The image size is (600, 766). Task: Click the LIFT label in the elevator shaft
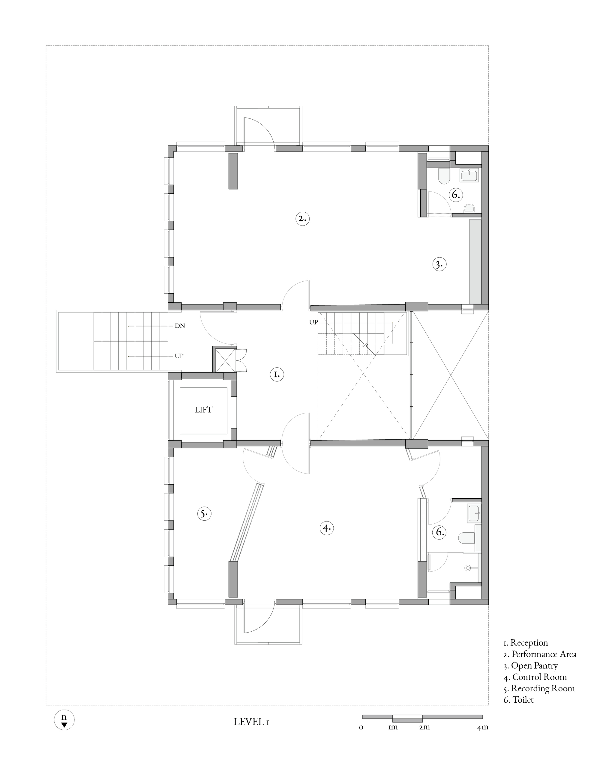pyautogui.click(x=203, y=410)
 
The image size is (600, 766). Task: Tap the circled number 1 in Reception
pyautogui.click(x=277, y=374)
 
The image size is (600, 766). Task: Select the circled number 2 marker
pyautogui.click(x=302, y=218)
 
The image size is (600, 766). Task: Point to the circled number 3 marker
pyautogui.click(x=439, y=264)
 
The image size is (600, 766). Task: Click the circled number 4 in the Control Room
pyautogui.click(x=327, y=528)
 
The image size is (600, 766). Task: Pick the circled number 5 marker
pyautogui.click(x=204, y=514)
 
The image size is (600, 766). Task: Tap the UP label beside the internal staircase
pyautogui.click(x=313, y=322)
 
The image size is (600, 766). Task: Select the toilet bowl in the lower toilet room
pyautogui.click(x=466, y=538)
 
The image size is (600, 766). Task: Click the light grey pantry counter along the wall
pyautogui.click(x=475, y=262)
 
